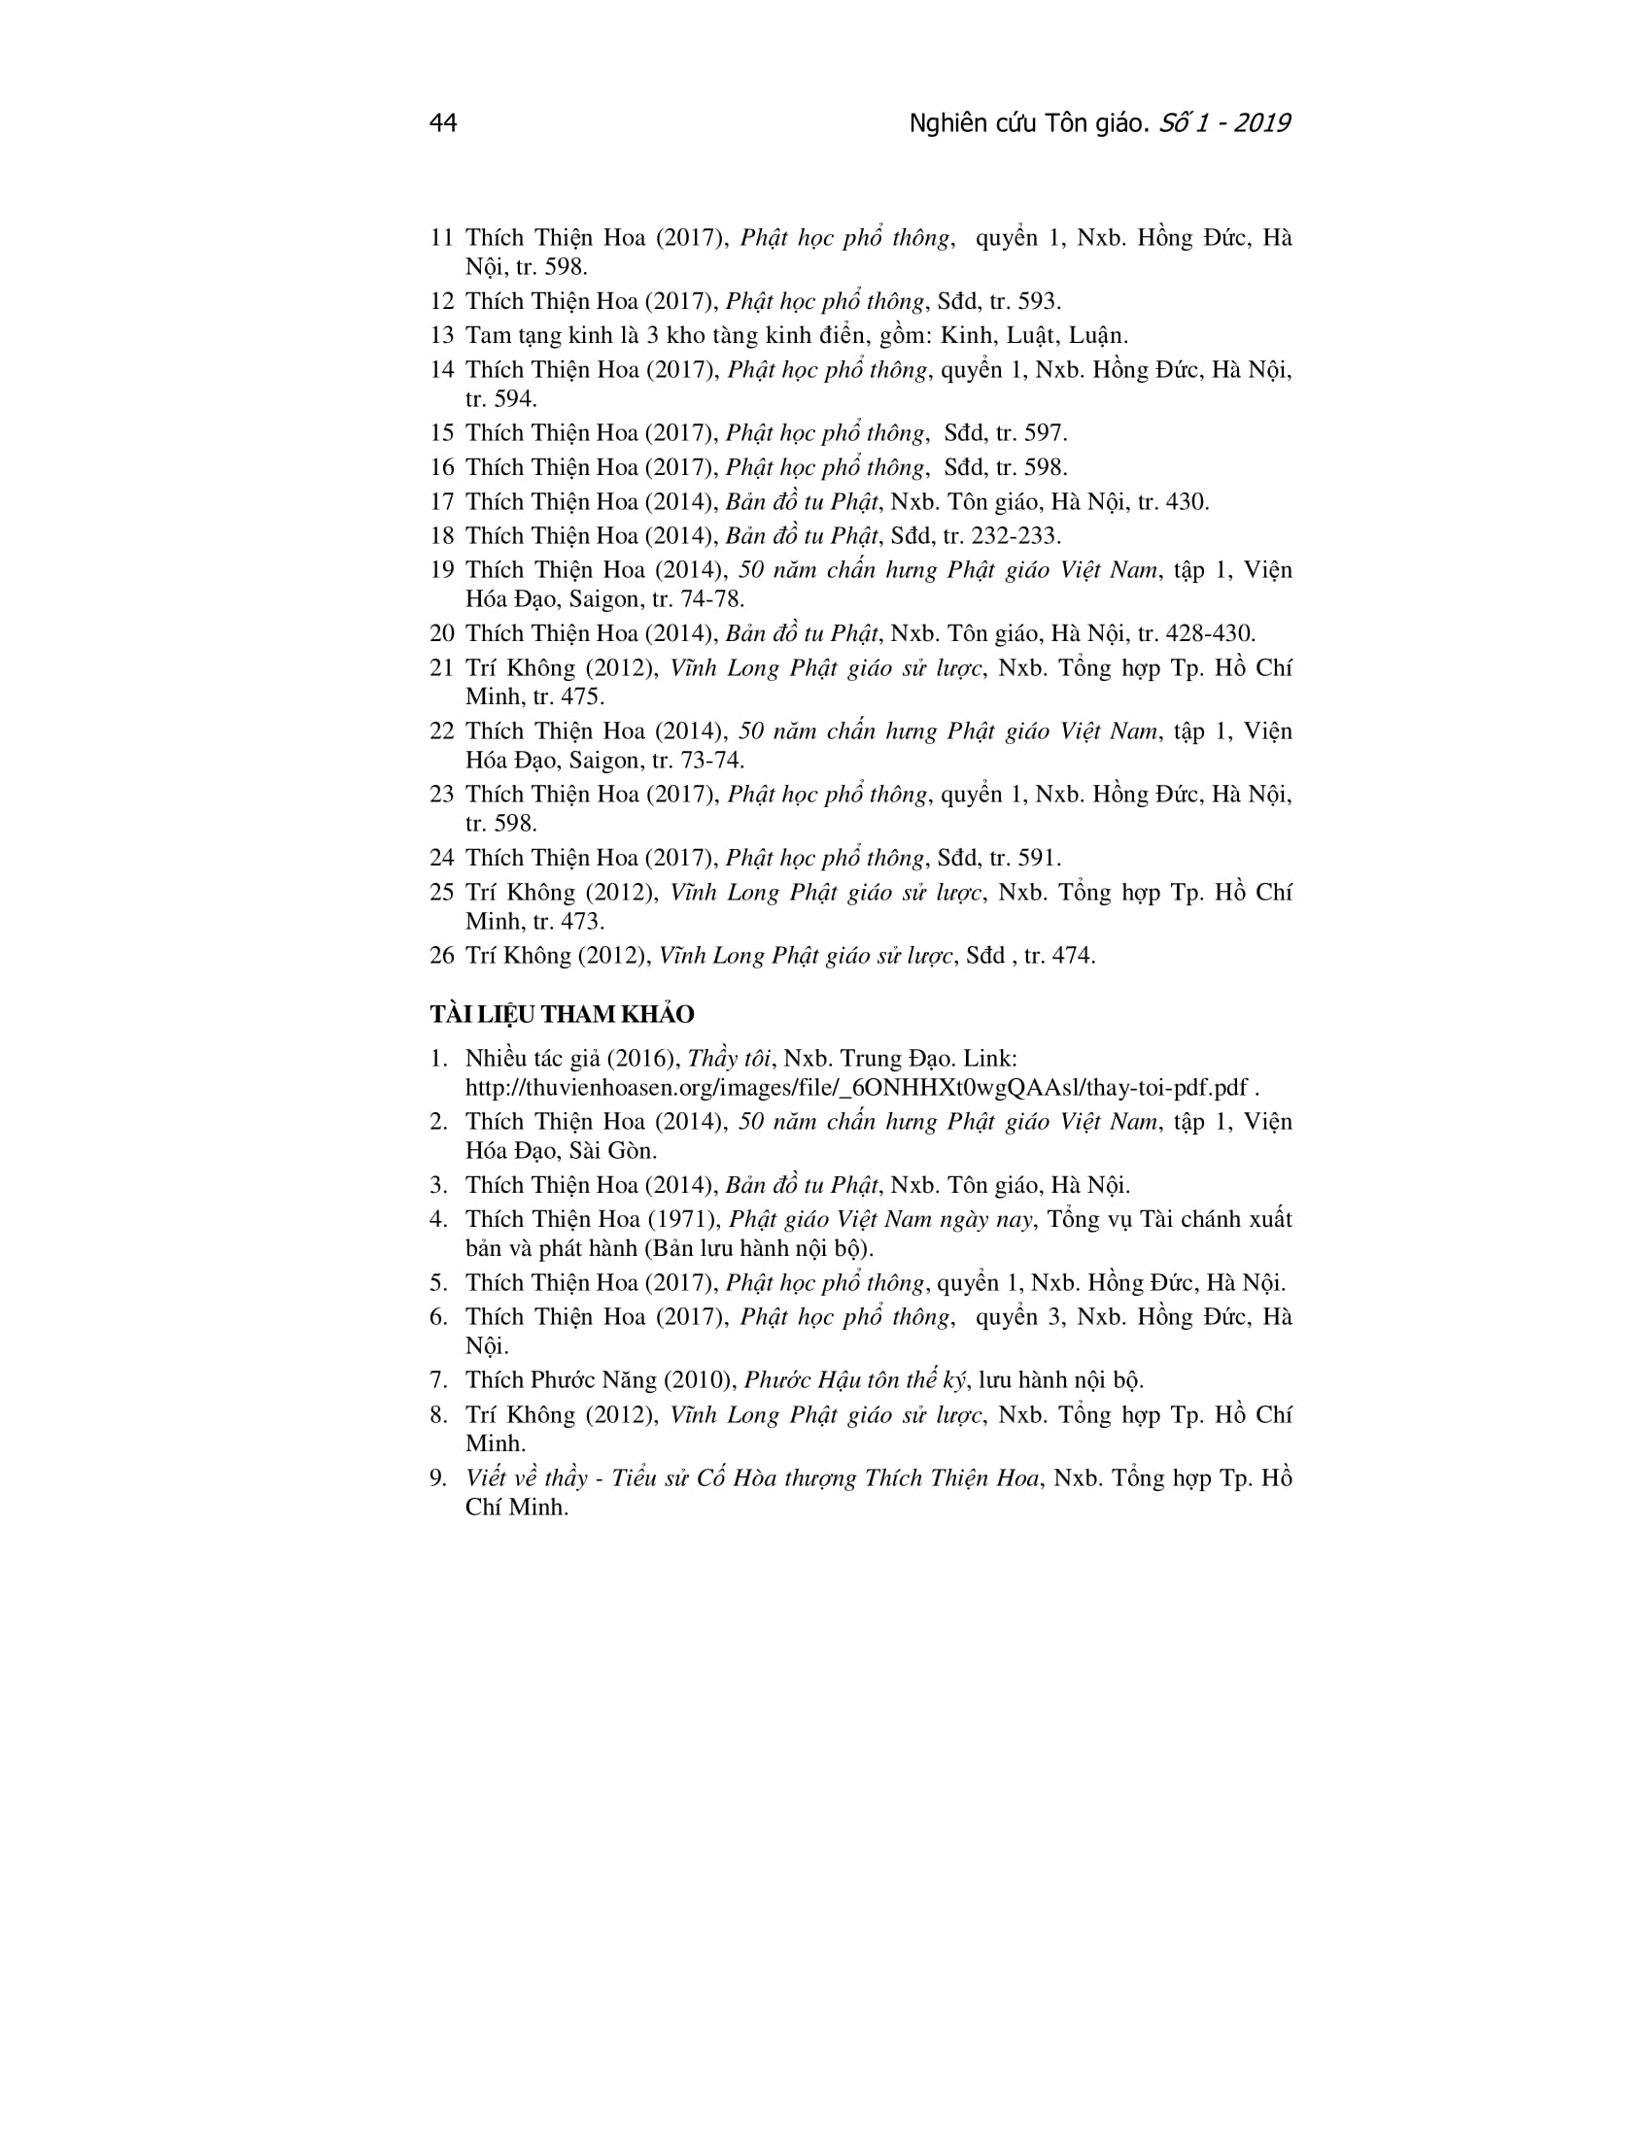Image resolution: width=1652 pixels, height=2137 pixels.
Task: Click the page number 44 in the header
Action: coord(442,123)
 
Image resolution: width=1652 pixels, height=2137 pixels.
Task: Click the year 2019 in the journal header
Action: coord(1261,123)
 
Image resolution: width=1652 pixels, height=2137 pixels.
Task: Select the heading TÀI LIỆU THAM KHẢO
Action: coord(562,1015)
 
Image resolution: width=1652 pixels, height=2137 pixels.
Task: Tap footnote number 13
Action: coord(441,336)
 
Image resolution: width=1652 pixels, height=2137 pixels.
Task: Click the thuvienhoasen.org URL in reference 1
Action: coord(856,1088)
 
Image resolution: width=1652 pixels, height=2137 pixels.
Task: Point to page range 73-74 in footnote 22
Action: coord(711,761)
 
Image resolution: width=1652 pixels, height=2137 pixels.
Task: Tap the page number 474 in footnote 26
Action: coord(1073,956)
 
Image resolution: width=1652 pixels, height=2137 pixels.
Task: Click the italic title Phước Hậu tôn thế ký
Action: coord(854,1380)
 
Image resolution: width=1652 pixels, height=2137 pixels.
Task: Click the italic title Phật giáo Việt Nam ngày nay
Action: coord(880,1219)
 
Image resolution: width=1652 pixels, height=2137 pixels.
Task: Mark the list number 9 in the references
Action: coord(437,1478)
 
